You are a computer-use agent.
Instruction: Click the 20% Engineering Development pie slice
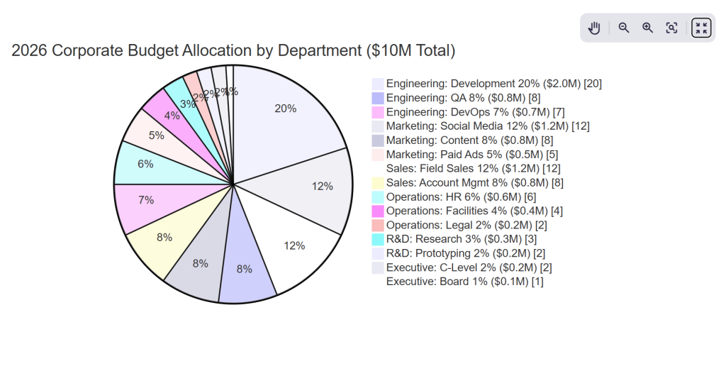click(x=284, y=113)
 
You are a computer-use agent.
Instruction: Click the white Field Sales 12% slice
click(x=294, y=245)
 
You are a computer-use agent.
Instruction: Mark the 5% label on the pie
click(x=157, y=135)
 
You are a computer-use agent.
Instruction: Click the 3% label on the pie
click(x=187, y=104)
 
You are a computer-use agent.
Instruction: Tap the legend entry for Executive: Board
click(x=464, y=282)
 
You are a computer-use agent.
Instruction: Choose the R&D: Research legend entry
click(x=462, y=239)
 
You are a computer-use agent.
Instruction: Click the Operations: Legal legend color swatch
click(x=378, y=225)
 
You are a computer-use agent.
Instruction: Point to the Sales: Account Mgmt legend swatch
click(x=378, y=182)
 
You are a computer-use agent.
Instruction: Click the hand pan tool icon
click(x=595, y=28)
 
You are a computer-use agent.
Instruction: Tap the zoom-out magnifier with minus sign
click(x=624, y=28)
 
